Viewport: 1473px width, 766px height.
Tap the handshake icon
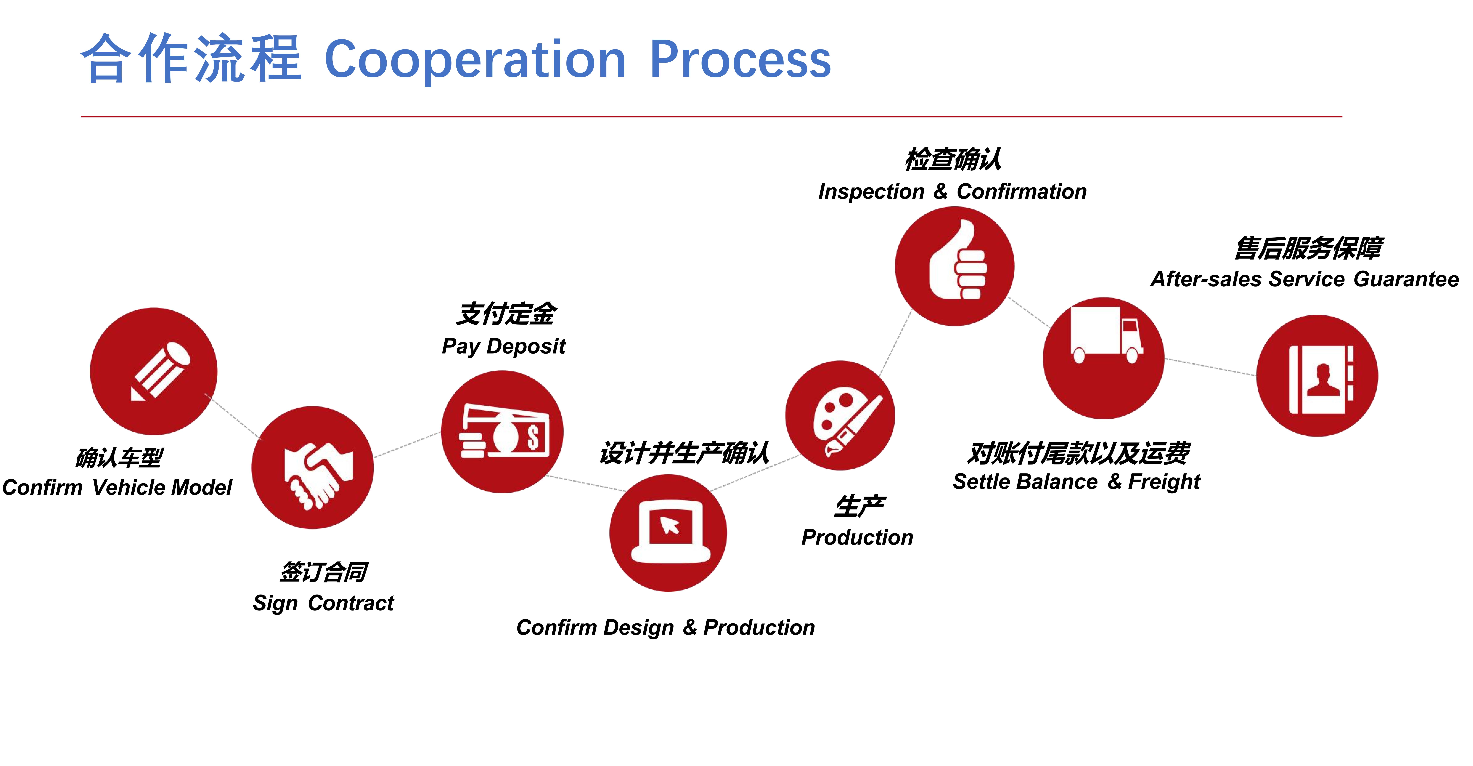tap(317, 474)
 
